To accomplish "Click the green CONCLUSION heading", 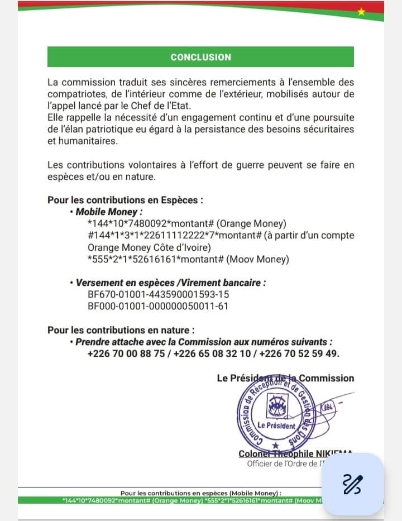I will (200, 57).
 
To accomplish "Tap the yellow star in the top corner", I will (361, 12).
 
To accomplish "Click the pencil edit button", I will (352, 484).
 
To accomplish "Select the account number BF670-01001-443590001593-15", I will (158, 294).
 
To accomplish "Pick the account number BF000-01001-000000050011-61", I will (158, 306).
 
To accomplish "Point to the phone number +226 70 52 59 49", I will (300, 354).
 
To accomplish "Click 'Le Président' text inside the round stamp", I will (276, 426).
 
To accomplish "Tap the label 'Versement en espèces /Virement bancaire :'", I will (170, 283).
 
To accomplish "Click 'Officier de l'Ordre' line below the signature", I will (282, 463).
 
